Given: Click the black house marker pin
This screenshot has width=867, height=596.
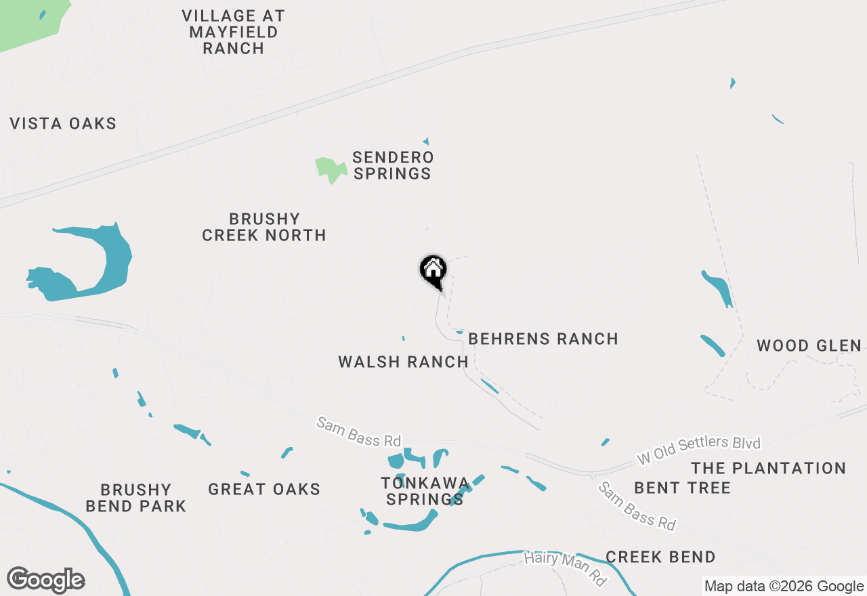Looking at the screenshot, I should coord(433,271).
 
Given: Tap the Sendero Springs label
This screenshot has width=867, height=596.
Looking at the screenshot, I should coord(392,165).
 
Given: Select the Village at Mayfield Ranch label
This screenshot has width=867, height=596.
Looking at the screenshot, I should coord(234,32).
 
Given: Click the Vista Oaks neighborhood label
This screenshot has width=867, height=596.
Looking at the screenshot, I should coord(63,123).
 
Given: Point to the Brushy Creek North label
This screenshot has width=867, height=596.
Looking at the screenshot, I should coord(264,227).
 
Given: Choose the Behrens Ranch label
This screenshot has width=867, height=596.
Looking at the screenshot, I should coord(543,339).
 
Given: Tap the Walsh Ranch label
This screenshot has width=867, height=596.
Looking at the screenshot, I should coord(403,362).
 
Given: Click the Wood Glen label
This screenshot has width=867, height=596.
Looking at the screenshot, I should coord(809,345).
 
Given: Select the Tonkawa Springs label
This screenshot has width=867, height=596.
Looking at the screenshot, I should coord(425,491).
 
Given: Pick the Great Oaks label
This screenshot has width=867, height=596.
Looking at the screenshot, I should coord(264,489).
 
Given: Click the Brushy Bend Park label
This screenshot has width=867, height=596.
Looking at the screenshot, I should coord(136,498).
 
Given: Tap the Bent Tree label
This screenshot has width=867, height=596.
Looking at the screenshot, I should coord(682,488).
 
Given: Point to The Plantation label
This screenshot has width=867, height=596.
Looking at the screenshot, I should coord(768,468).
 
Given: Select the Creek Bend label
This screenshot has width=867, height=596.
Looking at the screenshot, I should coord(660,557).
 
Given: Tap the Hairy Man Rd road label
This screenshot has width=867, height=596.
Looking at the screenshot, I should coord(565,568).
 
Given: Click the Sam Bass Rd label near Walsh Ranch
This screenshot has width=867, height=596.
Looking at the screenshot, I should coord(358,432).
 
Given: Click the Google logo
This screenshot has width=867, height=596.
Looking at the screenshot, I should coord(46,580).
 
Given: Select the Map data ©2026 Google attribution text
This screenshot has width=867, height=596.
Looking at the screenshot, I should coord(784,586).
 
